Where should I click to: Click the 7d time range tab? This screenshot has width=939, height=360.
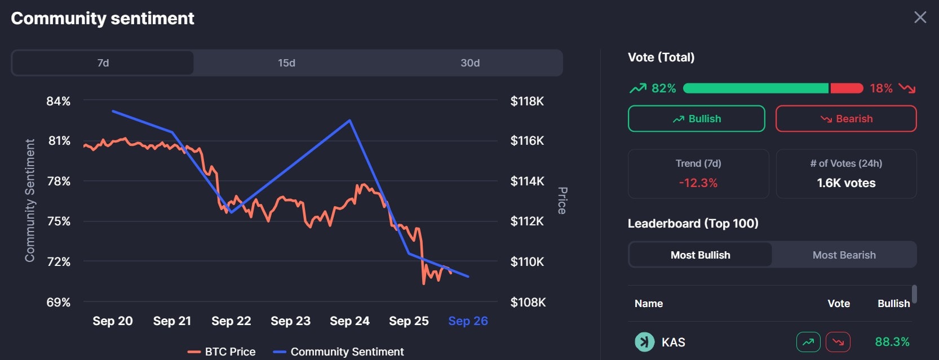coord(103,63)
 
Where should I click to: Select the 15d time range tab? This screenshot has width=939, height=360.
coord(286,63)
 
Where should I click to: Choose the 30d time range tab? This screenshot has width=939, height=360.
coord(470,63)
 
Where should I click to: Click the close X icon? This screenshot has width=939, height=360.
coord(920,17)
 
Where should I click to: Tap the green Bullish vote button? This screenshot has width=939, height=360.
coord(696,119)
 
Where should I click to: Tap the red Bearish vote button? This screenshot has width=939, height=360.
coord(845,119)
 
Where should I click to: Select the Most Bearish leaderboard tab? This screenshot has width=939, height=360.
coord(844,255)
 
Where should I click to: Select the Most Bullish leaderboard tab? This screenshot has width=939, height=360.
coord(700,255)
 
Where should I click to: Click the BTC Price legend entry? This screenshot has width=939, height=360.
coord(222,352)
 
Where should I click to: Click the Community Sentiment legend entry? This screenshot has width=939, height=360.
coord(339,352)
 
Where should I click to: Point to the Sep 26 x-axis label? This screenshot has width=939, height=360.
coord(468,321)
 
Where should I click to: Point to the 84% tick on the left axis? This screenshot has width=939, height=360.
coord(59,101)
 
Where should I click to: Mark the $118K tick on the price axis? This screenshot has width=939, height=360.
coord(527,101)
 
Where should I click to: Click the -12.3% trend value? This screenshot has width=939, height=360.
coord(698,183)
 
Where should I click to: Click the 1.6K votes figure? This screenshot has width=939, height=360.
coord(846,183)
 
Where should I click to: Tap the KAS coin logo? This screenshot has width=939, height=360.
coord(645,342)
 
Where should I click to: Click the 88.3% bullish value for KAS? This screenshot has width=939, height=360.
coord(892,342)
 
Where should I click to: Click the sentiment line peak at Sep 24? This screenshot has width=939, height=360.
coord(349,120)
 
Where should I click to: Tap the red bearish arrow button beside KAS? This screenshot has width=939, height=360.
coord(838,342)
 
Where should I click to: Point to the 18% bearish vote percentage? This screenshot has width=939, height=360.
coord(881,88)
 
